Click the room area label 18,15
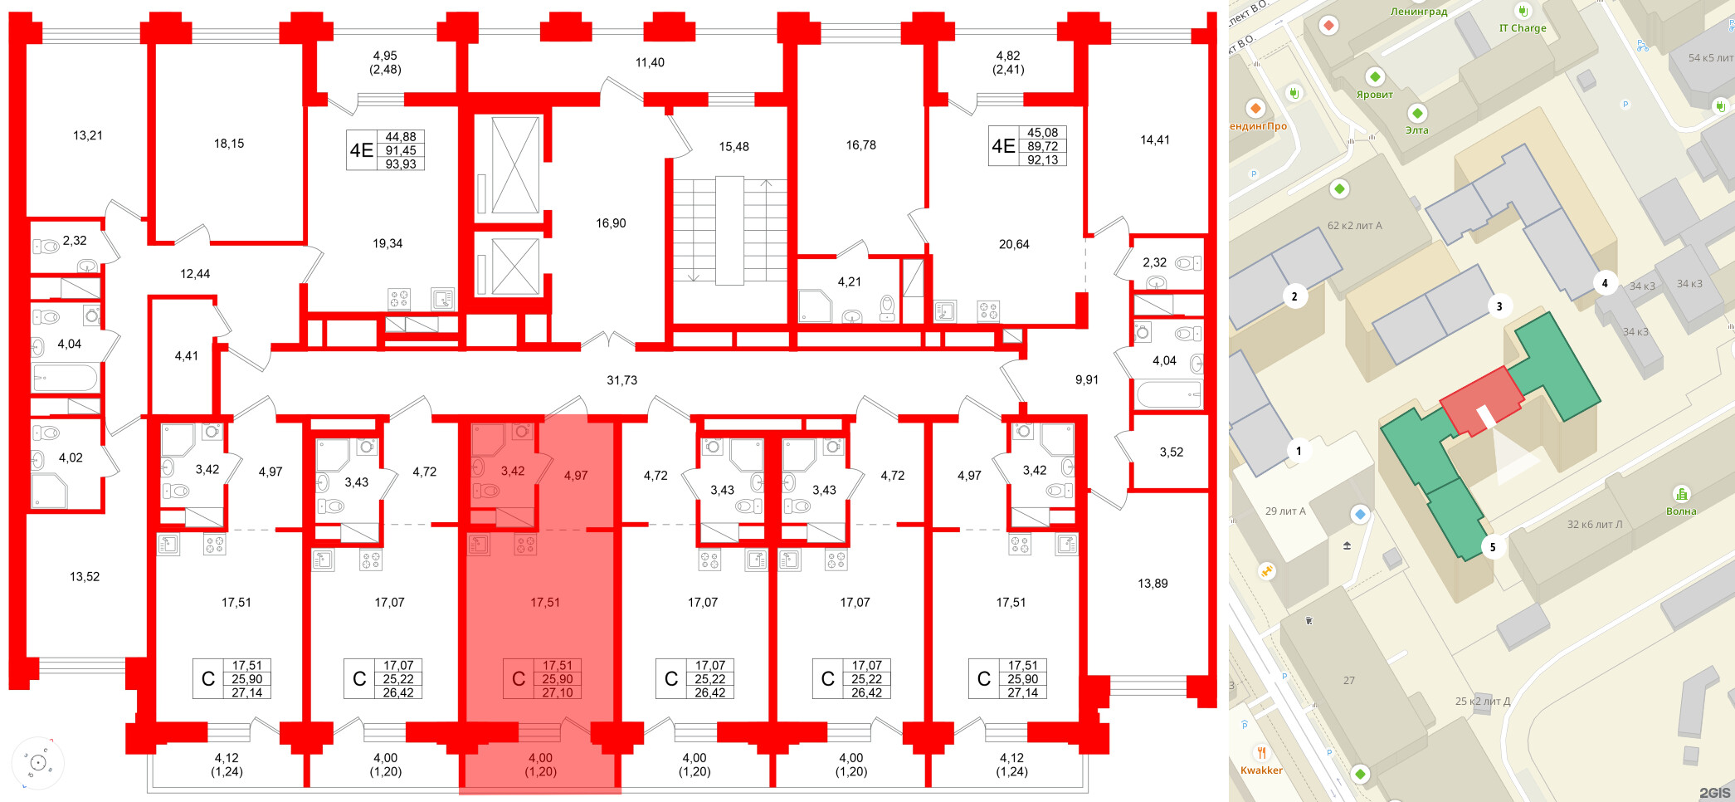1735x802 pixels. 229,144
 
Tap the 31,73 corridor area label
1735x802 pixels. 621,380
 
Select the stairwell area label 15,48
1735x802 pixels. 733,147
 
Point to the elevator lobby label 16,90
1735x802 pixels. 611,223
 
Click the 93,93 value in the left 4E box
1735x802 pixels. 401,164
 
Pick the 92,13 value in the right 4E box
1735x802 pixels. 1042,160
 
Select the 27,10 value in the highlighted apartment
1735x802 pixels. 557,692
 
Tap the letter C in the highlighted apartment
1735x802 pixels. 519,679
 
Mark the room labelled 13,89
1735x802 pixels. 1153,584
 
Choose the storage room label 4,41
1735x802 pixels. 186,356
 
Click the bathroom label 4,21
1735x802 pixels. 849,282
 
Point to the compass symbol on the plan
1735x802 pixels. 38,762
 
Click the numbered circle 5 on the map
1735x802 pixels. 1493,547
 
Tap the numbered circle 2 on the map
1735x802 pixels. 1294,296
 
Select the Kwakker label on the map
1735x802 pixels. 1261,770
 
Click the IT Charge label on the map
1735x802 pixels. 1523,28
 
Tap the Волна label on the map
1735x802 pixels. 1681,511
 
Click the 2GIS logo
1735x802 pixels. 1714,793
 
